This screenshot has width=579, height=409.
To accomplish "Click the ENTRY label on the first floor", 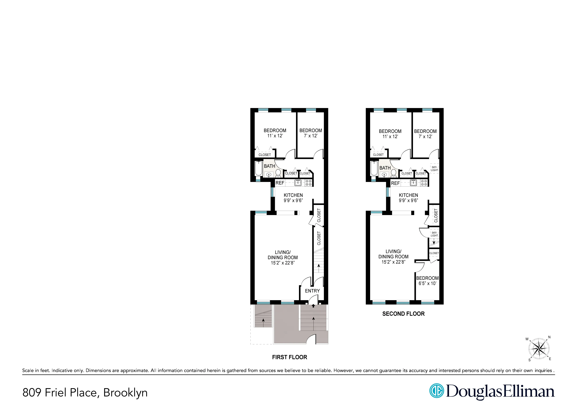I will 312,291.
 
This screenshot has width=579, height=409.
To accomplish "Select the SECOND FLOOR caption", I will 403,314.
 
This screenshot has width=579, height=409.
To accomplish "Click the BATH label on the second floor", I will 385,168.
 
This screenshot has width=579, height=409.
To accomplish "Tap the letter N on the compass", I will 549,337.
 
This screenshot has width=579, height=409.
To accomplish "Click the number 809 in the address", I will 32,393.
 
